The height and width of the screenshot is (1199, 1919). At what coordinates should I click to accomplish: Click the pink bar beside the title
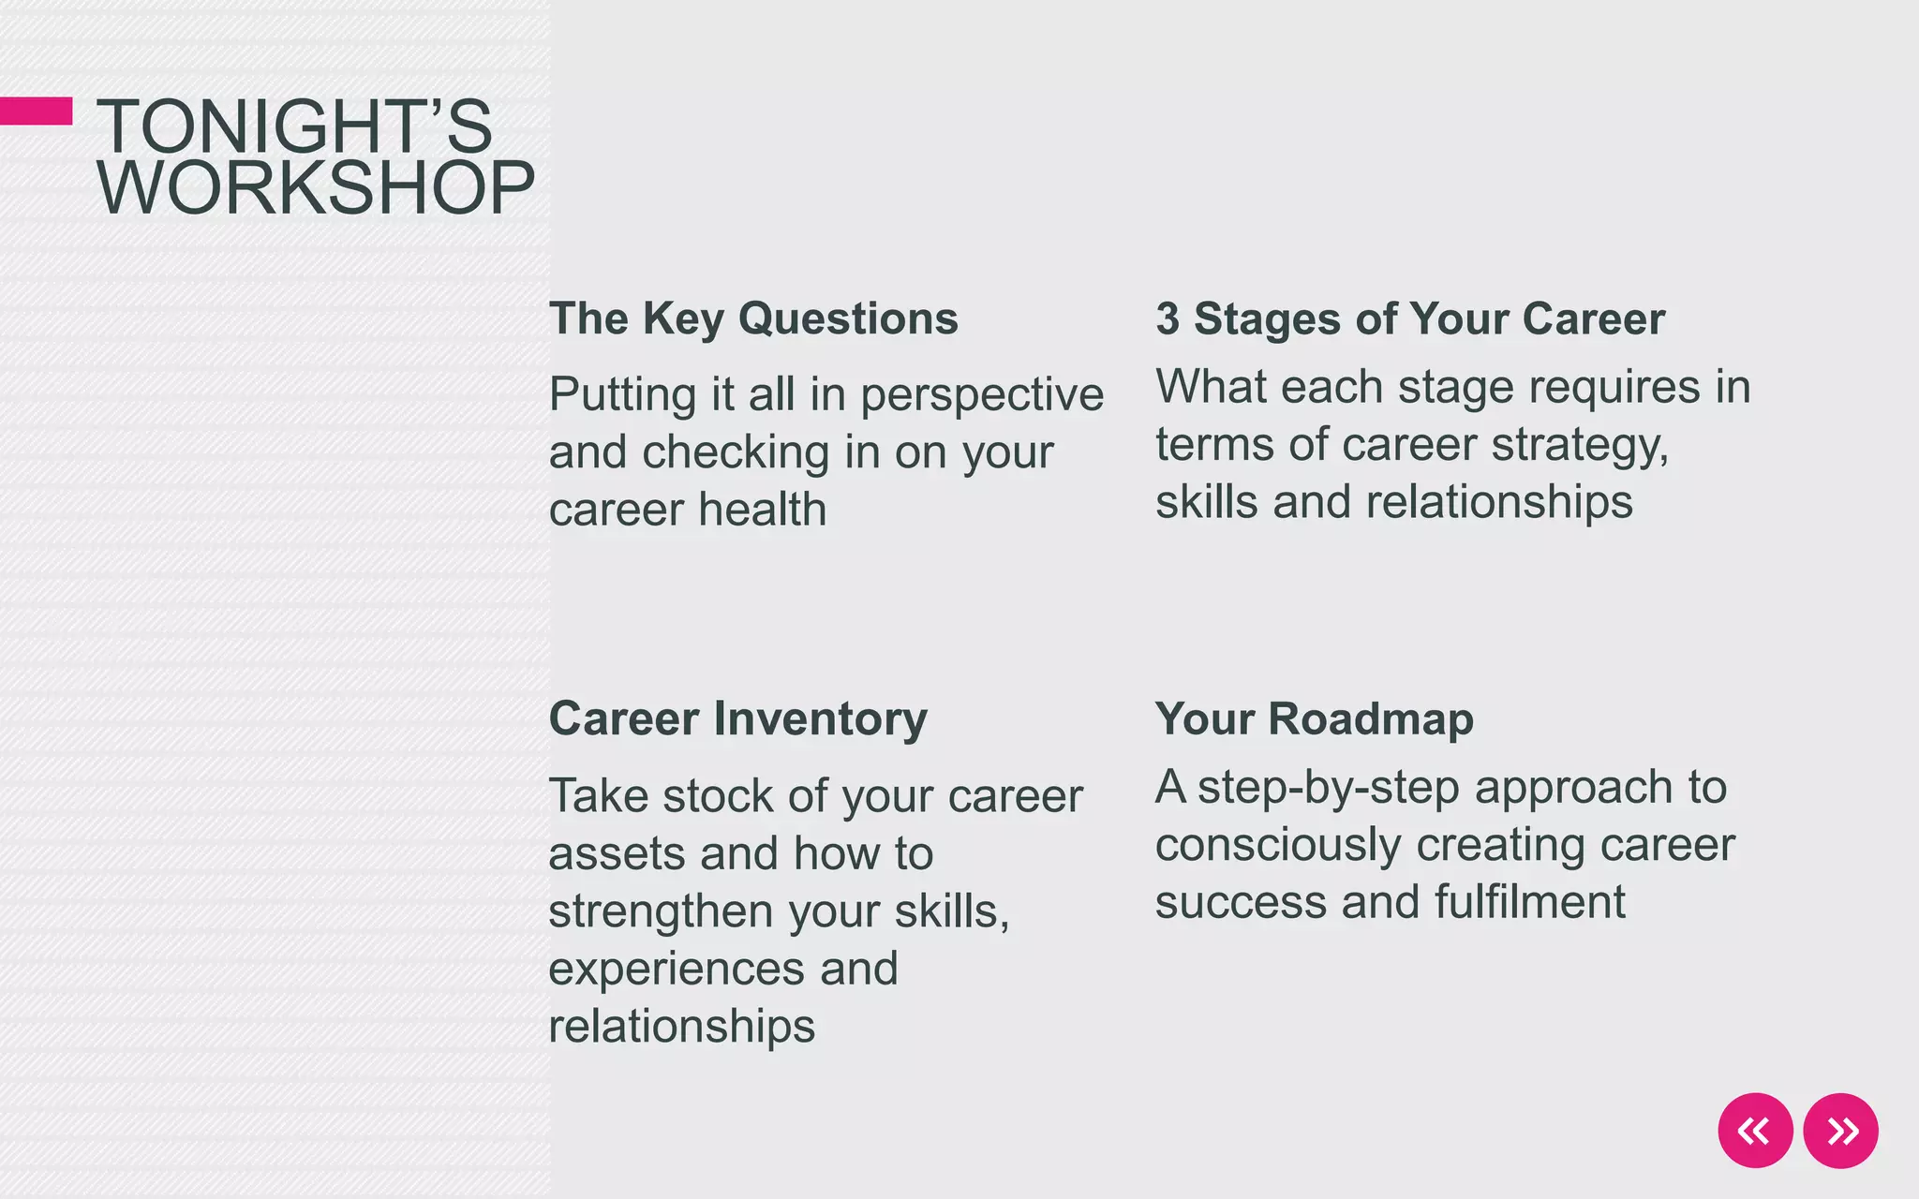coord(36,111)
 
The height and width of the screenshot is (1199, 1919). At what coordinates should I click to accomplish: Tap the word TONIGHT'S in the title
coord(294,126)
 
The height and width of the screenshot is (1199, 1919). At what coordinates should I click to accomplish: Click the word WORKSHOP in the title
coord(316,188)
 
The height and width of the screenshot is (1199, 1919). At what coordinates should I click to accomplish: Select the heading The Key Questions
coord(753,318)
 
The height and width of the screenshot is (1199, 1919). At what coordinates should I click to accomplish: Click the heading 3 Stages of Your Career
coord(1409,318)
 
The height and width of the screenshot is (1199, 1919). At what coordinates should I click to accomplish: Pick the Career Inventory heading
coord(737,719)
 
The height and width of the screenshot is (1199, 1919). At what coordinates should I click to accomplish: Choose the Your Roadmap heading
coord(1314,719)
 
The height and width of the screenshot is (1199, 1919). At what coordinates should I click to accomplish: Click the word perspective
coord(982,395)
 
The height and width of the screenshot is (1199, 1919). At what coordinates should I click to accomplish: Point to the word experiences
coord(676,970)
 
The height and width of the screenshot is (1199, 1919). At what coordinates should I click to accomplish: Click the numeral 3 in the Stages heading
coord(1167,318)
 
